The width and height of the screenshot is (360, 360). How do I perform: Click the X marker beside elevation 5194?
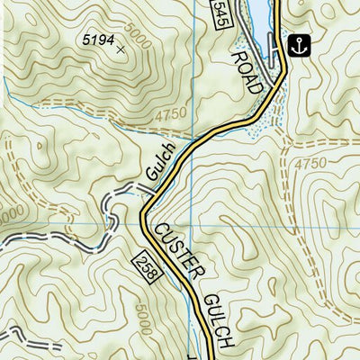click(121, 49)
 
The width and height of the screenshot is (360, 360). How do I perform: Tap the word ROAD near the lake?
click(249, 71)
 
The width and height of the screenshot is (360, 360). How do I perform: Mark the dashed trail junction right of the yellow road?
click(286, 141)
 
